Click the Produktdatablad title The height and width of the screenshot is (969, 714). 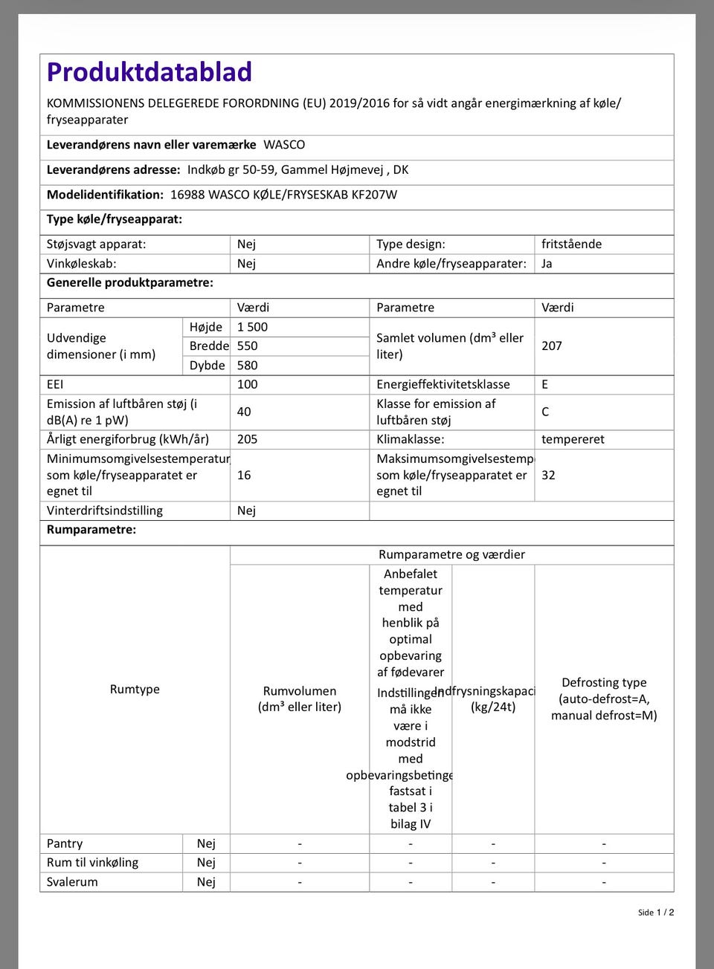tap(149, 72)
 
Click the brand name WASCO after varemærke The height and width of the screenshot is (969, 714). tap(284, 145)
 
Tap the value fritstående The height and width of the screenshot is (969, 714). tap(571, 244)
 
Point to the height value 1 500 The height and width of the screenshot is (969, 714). tap(252, 327)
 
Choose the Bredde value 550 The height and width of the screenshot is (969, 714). tap(247, 346)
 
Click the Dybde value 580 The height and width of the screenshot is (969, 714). tap(247, 366)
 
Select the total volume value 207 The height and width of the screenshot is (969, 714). tap(552, 346)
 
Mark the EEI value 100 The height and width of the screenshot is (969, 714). tap(247, 385)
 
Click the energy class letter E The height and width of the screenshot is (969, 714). tap(545, 385)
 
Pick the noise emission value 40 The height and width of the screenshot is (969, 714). tap(244, 412)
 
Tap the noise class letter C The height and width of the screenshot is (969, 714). tap(545, 412)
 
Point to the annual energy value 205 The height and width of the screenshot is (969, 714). tap(247, 440)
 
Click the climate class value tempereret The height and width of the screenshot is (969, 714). tap(573, 440)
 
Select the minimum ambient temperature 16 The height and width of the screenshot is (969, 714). tap(244, 476)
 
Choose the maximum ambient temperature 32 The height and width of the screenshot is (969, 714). tap(548, 476)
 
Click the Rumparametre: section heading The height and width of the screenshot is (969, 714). tap(91, 530)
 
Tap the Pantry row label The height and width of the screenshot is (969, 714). tap(65, 844)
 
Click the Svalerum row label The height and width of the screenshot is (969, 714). tap(72, 882)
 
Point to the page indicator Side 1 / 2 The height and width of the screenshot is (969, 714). tap(656, 913)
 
